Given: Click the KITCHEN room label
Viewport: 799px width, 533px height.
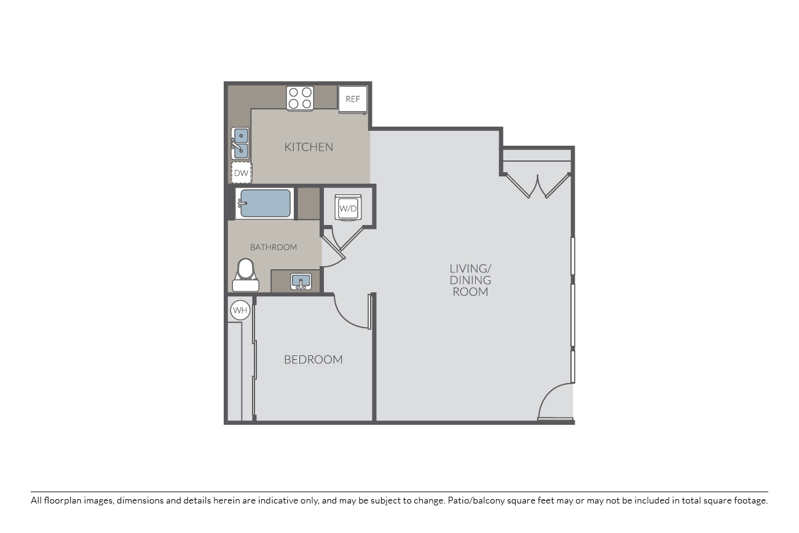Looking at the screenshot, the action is point(309,147).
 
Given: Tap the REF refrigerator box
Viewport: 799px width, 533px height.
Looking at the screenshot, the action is point(353,100).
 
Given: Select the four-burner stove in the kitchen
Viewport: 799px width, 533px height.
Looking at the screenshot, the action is point(300,98).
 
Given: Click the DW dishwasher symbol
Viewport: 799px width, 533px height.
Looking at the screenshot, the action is point(241,173).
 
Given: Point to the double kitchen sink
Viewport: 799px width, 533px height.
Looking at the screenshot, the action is point(240,143).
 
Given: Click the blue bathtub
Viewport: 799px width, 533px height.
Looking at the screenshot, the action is point(265,203).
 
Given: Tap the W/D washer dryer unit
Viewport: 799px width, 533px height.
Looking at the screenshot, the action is point(348,208).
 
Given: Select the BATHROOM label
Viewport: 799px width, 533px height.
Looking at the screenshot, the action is point(274,247).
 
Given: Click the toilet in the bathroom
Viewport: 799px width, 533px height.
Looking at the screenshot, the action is point(246,275).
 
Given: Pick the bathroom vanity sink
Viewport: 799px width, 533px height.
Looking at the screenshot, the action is point(301,282).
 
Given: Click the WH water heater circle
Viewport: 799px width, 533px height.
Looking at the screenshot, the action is point(240,310).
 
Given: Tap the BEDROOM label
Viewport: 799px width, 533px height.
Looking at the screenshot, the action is point(313,360).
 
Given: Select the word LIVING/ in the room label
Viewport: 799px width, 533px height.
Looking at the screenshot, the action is point(470,269).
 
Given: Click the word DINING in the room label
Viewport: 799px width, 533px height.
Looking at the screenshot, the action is point(470,280).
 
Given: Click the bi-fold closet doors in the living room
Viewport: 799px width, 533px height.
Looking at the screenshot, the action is point(538,186).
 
